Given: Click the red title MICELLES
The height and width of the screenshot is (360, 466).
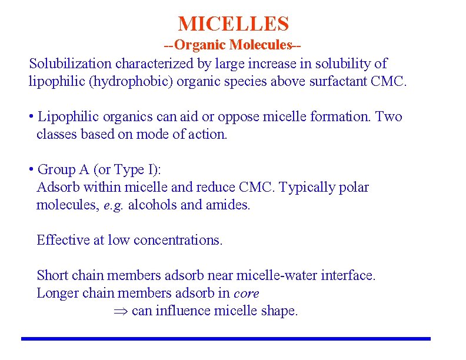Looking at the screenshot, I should [234, 24].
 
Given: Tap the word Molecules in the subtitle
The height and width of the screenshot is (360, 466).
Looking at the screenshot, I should [262, 45].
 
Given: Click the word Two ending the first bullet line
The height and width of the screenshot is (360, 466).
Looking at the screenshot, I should [388, 116].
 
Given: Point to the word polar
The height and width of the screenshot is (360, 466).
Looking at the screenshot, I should [354, 187].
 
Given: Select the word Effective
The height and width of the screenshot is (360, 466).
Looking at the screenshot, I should [62, 240].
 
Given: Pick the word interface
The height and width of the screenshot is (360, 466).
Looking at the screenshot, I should [348, 275].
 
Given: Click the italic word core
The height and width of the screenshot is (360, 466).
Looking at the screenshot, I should [246, 293].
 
